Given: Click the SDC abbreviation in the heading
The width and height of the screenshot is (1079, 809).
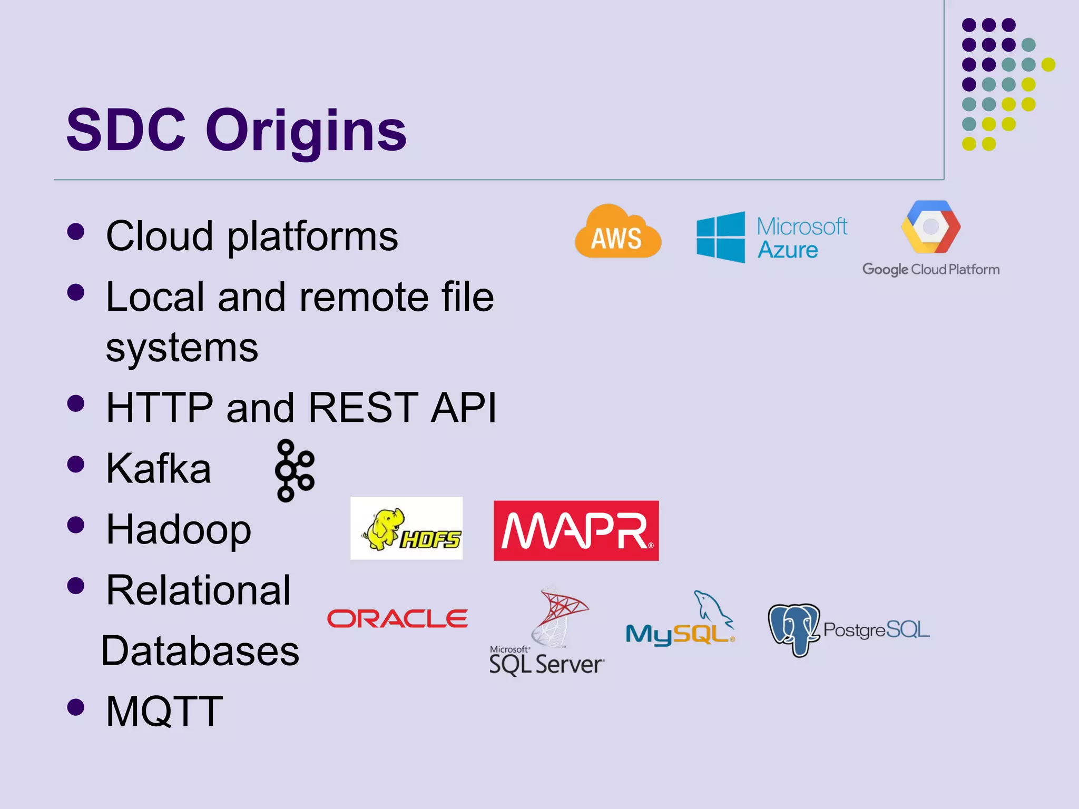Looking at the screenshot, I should [x=126, y=130].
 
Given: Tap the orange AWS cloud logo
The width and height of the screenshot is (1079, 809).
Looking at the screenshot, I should [x=617, y=233].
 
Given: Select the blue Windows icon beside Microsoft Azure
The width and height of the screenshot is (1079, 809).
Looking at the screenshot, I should [x=720, y=237].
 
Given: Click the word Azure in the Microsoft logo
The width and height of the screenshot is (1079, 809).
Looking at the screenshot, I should [x=788, y=250].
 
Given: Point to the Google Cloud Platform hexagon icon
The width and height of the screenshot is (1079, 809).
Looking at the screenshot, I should [x=930, y=226].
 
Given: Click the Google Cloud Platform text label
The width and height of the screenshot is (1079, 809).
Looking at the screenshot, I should [x=930, y=269].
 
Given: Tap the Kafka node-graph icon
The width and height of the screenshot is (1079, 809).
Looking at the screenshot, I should [x=294, y=470].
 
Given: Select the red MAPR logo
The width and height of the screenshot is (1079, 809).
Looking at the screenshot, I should [x=576, y=530].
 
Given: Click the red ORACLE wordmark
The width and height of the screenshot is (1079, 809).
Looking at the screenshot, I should [x=397, y=619].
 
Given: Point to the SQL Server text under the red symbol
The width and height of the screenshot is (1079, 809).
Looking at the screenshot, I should [x=546, y=664].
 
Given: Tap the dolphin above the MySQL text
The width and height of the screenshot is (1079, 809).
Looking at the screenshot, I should [x=711, y=606].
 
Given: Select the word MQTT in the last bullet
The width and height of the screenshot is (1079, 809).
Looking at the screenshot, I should [x=164, y=712].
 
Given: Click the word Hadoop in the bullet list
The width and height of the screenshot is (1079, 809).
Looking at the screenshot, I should [x=179, y=529].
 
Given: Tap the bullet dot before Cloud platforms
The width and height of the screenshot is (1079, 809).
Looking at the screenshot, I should [x=76, y=232].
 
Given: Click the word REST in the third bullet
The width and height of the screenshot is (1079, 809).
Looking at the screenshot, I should [x=363, y=407].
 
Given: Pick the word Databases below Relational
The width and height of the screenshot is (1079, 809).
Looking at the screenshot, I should [x=200, y=651].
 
